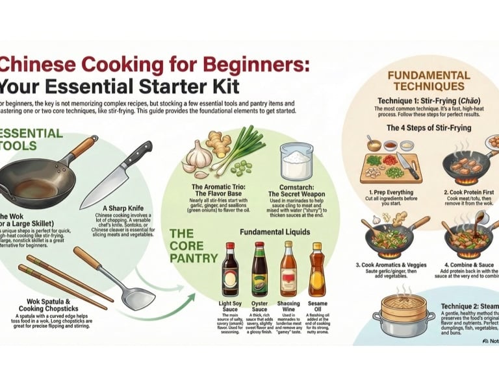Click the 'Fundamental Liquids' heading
[275, 232]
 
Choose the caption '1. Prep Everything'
[392, 193]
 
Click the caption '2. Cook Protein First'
[472, 193]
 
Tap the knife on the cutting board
[409, 165]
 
